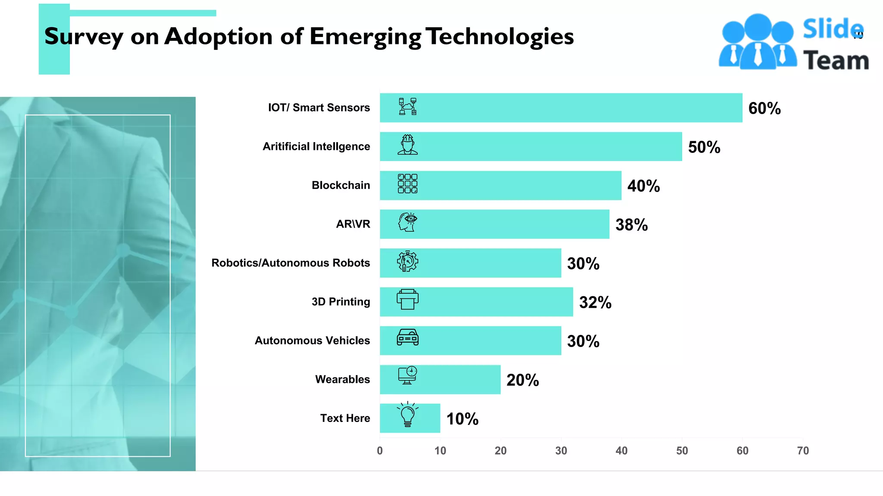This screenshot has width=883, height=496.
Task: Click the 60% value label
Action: coord(764,108)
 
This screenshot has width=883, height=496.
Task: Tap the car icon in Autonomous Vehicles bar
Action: coord(407,338)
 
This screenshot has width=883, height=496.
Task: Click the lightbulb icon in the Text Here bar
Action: coord(407,415)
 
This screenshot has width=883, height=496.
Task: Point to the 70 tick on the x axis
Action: coord(802,451)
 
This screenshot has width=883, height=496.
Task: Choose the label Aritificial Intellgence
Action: coord(316,146)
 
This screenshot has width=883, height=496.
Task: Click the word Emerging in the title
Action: coord(365,37)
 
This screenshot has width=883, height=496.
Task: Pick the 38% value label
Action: coord(631,225)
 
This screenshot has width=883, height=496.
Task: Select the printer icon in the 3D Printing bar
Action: coord(407,299)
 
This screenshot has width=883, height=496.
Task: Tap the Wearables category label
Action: coord(342,379)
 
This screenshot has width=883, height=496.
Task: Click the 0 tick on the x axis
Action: coord(380,451)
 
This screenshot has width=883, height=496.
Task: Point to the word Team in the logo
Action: coord(836,60)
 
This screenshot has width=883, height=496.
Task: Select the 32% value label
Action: coord(595,302)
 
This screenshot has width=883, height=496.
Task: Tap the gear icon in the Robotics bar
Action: coord(407,261)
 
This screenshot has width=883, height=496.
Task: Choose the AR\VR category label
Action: coord(353,224)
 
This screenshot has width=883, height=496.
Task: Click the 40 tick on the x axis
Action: coord(621,451)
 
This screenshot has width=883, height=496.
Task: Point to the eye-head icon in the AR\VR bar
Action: coord(407,222)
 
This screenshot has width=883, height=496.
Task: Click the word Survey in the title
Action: coord(84,37)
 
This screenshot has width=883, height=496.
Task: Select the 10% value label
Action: coord(462,419)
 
